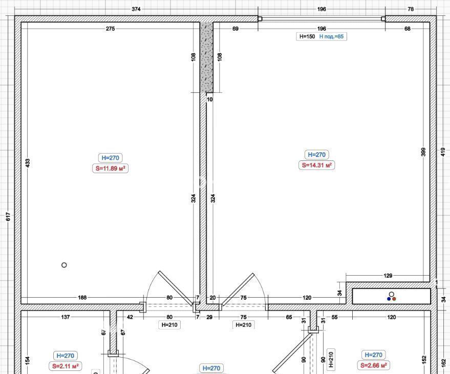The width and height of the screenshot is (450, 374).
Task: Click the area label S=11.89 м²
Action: coord(110,169)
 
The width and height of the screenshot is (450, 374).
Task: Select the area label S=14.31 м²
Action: coord(317,165)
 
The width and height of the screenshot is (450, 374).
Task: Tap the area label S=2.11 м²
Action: coord(66,366)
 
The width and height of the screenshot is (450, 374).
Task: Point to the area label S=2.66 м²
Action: coord(373,365)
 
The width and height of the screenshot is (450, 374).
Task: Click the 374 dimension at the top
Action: coord(136,9)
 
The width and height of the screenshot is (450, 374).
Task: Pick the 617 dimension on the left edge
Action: coord(8,217)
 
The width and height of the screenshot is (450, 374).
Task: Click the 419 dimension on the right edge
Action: coord(443,152)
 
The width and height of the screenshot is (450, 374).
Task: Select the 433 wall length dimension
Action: coord(28,163)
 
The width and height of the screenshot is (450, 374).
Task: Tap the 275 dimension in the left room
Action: coord(110,29)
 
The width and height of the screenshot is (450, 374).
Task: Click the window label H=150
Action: coord(307,36)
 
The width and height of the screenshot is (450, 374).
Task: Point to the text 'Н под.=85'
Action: coord(331,36)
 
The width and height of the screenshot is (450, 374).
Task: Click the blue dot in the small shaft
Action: coord(389,299)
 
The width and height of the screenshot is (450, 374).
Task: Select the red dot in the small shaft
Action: coord(394,299)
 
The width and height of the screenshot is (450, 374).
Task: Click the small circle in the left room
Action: coord(65,265)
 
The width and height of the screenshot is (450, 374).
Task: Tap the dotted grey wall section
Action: coord(207,57)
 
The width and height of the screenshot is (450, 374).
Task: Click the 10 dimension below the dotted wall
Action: coord(210,99)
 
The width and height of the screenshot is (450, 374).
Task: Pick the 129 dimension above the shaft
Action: coord(388,276)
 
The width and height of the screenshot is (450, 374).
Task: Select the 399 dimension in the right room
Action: coord(423,152)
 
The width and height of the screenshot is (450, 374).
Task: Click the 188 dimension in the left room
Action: coord(82,297)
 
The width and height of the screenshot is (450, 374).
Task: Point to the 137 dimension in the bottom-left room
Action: coord(66,317)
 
